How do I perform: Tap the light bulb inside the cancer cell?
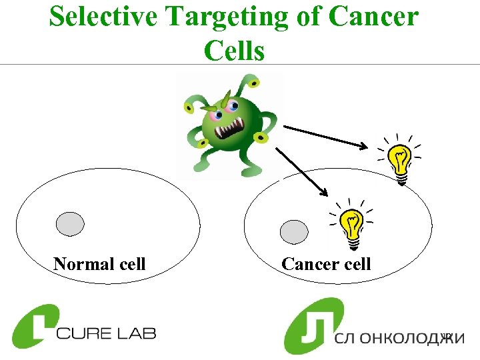(351, 227)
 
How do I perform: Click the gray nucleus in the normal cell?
(70, 223)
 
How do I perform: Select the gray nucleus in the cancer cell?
(294, 231)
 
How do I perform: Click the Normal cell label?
(99, 264)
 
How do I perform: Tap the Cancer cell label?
(326, 264)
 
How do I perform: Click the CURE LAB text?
(106, 332)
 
